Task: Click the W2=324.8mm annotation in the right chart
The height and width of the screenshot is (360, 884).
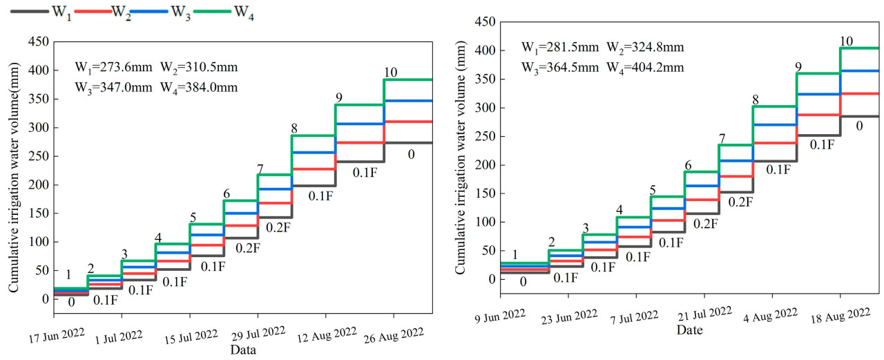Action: coord(645,48)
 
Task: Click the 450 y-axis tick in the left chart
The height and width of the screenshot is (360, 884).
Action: coord(39,42)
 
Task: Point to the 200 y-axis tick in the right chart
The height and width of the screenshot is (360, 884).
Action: coord(486,165)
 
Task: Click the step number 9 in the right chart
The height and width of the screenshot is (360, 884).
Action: coord(798,67)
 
